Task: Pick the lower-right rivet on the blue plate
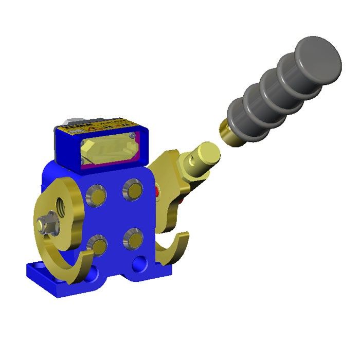(x=133, y=237)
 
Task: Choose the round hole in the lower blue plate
(x=139, y=265)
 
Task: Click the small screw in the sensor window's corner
(x=135, y=135)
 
